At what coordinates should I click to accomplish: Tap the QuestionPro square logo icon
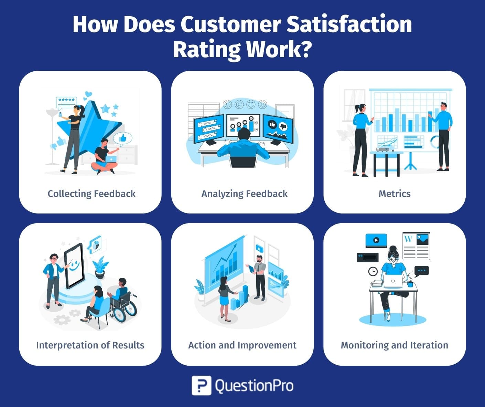pyautogui.click(x=201, y=385)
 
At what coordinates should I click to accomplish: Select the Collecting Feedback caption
pyautogui.click(x=91, y=194)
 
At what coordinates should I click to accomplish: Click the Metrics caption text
pyautogui.click(x=395, y=194)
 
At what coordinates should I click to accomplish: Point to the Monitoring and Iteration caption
pyautogui.click(x=395, y=345)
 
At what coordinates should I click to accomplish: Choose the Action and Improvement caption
pyautogui.click(x=242, y=345)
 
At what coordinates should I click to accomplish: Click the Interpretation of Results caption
pyautogui.click(x=90, y=345)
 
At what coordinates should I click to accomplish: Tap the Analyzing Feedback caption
pyautogui.click(x=244, y=194)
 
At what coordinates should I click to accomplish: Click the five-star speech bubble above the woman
pyautogui.click(x=66, y=103)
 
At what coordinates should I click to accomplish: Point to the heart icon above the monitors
pyautogui.click(x=251, y=104)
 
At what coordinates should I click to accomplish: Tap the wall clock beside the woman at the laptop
pyautogui.click(x=373, y=271)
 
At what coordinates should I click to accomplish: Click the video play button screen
pyautogui.click(x=376, y=240)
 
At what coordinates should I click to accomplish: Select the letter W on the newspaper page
pyautogui.click(x=408, y=239)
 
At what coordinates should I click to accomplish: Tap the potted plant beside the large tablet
pyautogui.click(x=100, y=268)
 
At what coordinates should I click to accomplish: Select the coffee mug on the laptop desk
pyautogui.click(x=410, y=284)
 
